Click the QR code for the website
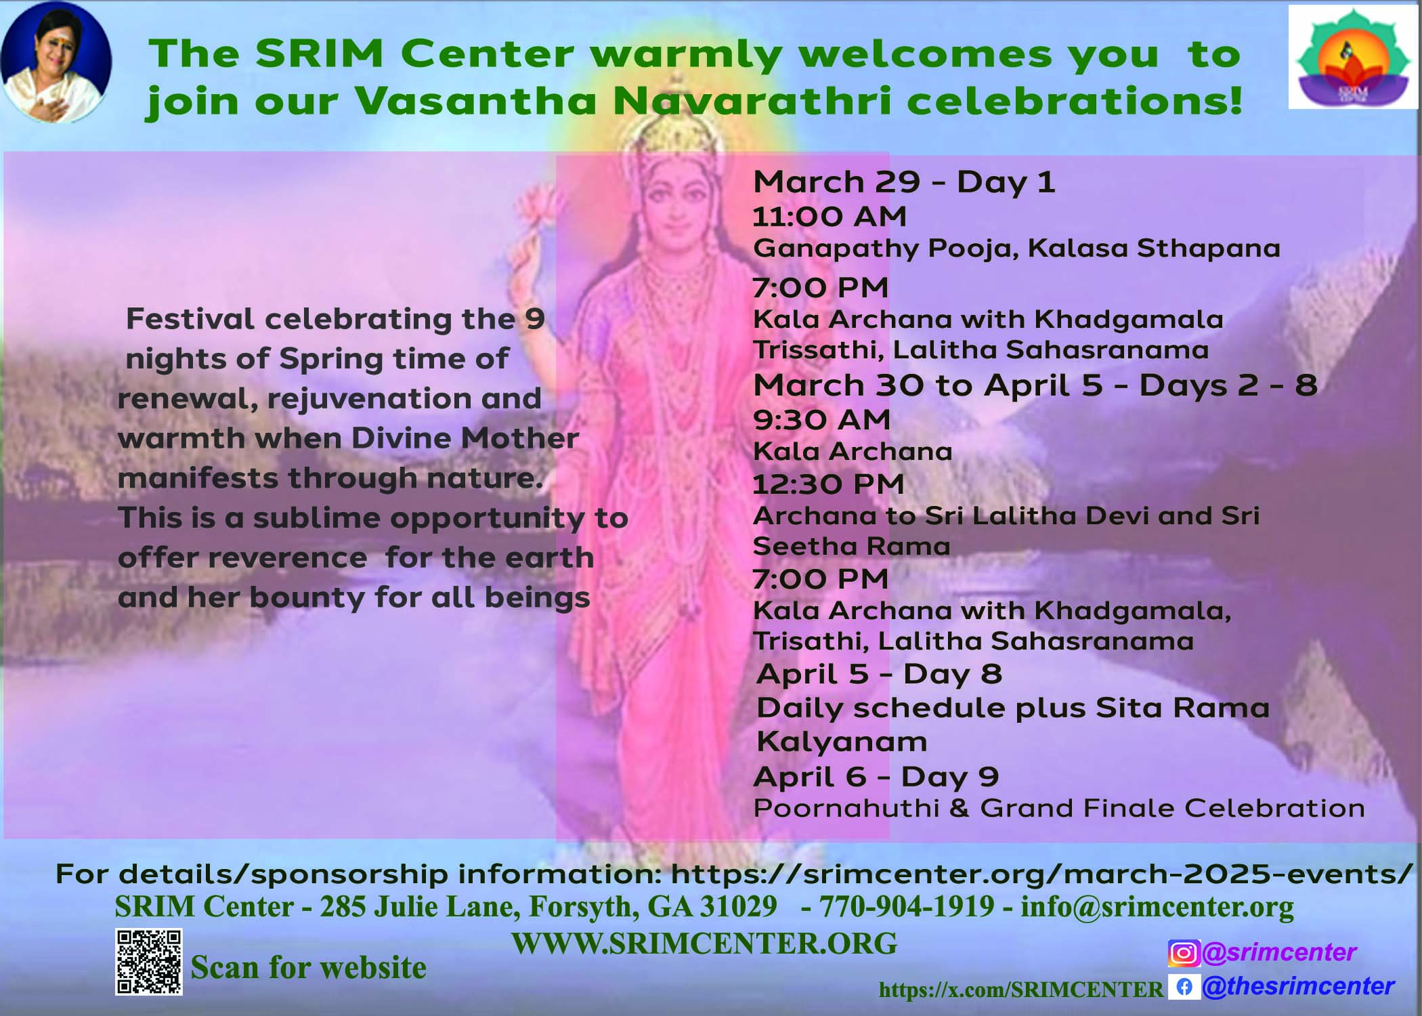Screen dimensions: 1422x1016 [149, 962]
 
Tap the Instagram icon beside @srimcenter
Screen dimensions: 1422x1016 [1184, 953]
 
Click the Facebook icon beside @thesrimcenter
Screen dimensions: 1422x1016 [1184, 987]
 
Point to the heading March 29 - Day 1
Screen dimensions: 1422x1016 [904, 182]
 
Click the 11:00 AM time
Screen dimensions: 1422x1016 [829, 216]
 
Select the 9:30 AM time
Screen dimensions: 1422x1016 [821, 419]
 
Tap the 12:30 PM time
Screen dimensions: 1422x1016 [829, 484]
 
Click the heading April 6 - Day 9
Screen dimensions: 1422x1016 [876, 777]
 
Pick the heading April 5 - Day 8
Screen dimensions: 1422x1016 [879, 674]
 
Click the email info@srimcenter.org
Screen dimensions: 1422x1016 [1157, 907]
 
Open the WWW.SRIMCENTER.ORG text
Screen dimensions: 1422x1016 [704, 944]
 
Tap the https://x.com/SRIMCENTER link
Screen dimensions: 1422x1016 [1021, 990]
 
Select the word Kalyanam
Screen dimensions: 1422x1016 [842, 742]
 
